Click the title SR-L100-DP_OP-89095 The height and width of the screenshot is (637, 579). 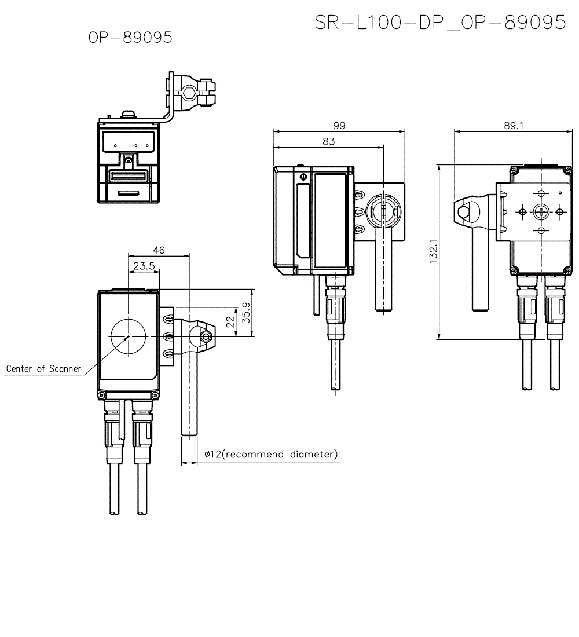(440, 22)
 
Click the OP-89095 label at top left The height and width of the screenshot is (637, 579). (130, 38)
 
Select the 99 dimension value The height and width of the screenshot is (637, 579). (339, 126)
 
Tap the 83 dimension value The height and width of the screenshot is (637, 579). (328, 141)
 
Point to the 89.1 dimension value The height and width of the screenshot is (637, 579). (513, 126)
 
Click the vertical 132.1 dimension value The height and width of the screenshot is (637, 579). (433, 252)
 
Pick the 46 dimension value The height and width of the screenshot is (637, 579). (159, 250)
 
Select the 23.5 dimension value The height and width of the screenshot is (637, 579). (143, 266)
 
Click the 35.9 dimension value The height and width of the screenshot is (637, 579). (245, 312)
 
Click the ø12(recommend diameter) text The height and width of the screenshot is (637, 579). (271, 455)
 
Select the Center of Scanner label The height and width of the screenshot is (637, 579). (43, 369)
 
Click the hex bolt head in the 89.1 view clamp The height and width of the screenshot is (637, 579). (464, 212)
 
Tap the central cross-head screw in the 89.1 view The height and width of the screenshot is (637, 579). (541, 212)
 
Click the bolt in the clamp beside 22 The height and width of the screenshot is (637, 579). (206, 336)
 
